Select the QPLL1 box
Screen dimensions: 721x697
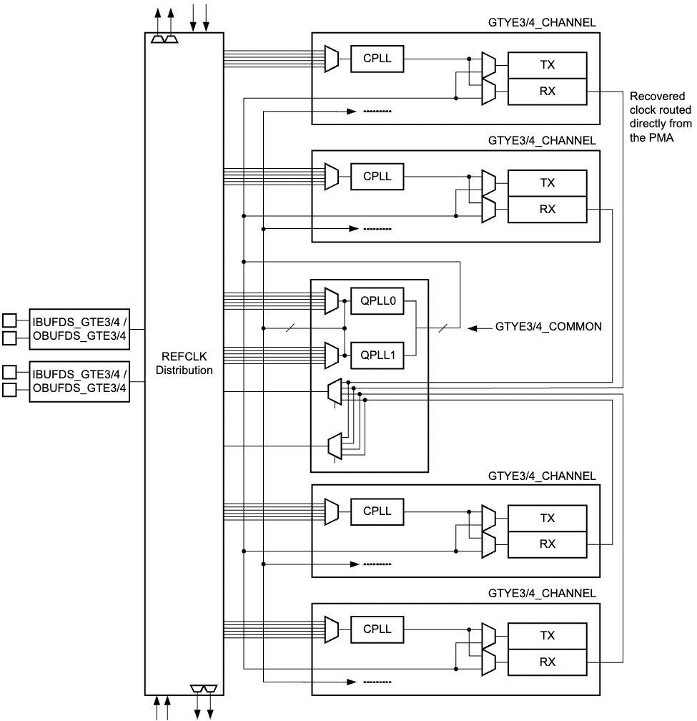tap(377, 353)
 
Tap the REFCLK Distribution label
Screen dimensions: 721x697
tap(184, 363)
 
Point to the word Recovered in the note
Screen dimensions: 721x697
tap(653, 97)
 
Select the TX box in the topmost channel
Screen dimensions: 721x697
tap(547, 65)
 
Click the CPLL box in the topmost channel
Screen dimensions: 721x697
tap(377, 59)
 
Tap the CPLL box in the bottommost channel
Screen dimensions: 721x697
tap(377, 629)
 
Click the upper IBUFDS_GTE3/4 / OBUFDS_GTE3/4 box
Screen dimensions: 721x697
tap(79, 325)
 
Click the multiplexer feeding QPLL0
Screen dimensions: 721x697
tap(331, 301)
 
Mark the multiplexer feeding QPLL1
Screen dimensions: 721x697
tap(331, 353)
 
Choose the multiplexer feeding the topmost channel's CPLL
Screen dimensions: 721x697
tap(331, 59)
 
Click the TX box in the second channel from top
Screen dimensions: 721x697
tap(547, 183)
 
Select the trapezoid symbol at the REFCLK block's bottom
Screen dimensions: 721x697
tap(204, 688)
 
